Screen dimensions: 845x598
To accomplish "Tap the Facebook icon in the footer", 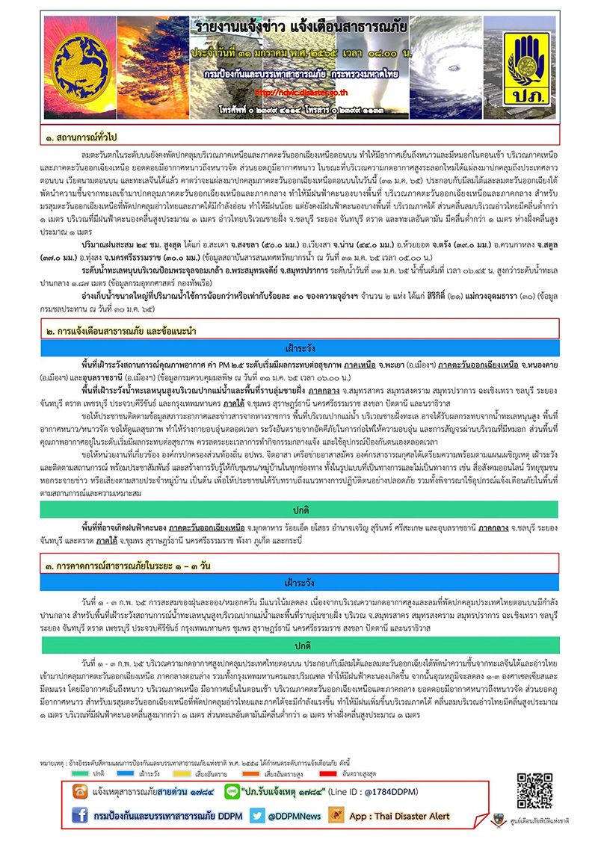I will pos(79,816).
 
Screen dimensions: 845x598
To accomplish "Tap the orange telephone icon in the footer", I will pos(79,790).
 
